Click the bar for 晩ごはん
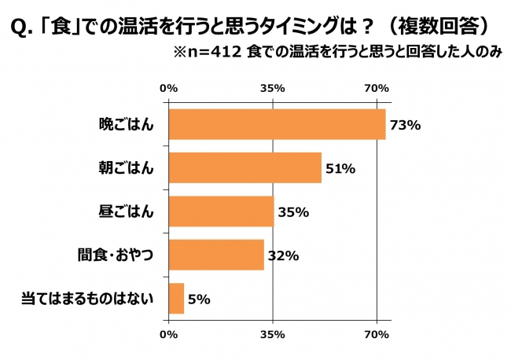[277, 124]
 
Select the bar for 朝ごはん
[244, 167]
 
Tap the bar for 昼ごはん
[221, 211]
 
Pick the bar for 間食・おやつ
[216, 255]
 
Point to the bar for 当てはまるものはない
[176, 299]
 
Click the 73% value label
[406, 125]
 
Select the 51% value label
[340, 168]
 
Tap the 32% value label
[283, 255]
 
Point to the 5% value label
[200, 299]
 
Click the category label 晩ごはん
[127, 124]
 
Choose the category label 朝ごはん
[127, 167]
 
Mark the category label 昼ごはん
[127, 211]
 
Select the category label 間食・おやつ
[116, 255]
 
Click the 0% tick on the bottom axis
[168, 336]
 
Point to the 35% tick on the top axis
[272, 88]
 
